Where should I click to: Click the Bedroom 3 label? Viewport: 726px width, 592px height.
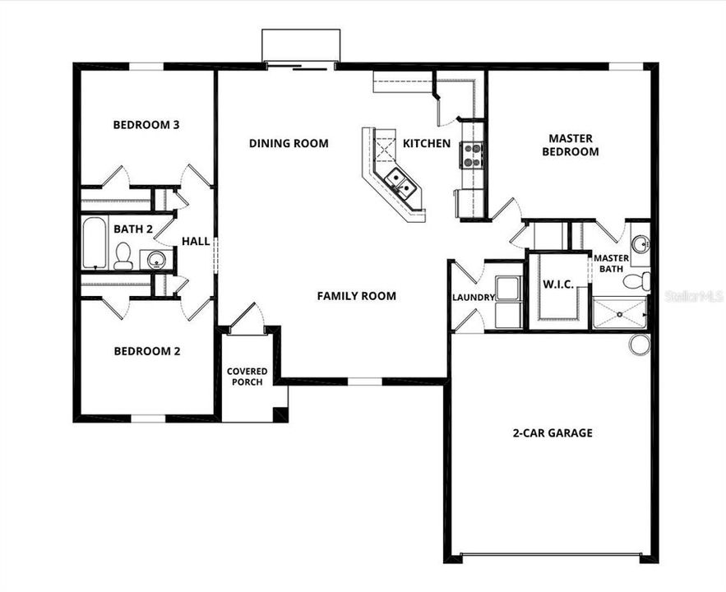[x=146, y=125]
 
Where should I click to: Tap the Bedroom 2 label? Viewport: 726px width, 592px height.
[x=146, y=351]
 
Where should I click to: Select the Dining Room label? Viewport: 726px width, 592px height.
[x=289, y=144]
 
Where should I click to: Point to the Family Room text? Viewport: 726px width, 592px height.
[x=357, y=296]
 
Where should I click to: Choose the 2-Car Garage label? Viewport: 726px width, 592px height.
[x=553, y=432]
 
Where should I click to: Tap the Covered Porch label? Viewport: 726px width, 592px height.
[x=247, y=377]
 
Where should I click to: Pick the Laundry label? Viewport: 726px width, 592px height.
[x=474, y=297]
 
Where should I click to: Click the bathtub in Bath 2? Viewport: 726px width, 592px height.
[x=94, y=243]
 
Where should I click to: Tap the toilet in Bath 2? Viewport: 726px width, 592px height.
[x=123, y=256]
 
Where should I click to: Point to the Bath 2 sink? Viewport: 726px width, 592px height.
[x=155, y=261]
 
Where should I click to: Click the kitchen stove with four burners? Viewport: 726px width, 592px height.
[x=472, y=155]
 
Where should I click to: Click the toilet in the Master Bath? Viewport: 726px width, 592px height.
[x=636, y=282]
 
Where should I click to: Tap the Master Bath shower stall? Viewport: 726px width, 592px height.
[x=619, y=313]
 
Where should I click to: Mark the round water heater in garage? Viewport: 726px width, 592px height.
[x=640, y=345]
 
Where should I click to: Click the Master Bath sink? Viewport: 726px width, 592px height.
[x=640, y=244]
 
